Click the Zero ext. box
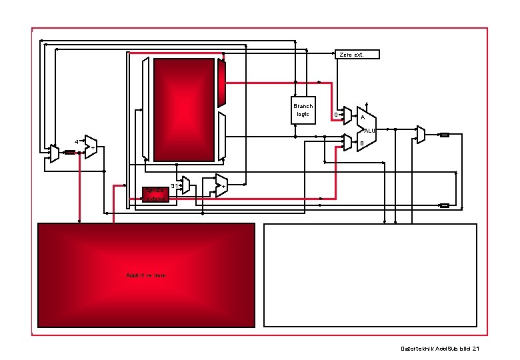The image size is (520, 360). click(357, 54)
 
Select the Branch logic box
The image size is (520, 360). click(303, 110)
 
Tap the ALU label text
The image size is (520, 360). click(369, 130)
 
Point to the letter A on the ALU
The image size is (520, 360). click(362, 118)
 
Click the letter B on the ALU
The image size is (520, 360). click(362, 143)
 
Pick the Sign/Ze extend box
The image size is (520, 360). click(155, 194)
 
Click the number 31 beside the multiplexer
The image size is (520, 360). click(174, 185)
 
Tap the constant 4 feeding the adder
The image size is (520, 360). click(77, 142)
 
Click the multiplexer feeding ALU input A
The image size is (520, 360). click(347, 116)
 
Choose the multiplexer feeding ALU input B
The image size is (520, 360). click(347, 142)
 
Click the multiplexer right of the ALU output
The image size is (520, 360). click(420, 135)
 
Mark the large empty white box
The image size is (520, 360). click(371, 275)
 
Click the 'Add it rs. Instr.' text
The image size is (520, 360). click(146, 275)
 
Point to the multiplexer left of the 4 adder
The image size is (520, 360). click(54, 154)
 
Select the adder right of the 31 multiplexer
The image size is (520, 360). click(221, 185)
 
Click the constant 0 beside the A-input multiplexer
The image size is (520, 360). click(335, 115)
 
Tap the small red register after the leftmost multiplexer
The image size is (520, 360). click(70, 152)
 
